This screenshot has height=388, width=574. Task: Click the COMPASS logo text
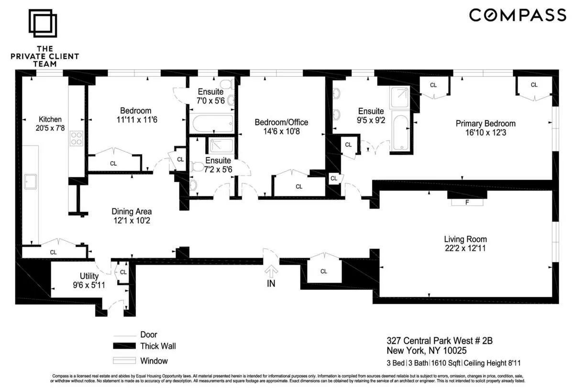coord(517,15)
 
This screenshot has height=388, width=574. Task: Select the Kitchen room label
coord(50,119)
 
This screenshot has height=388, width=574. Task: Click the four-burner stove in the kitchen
coord(77,138)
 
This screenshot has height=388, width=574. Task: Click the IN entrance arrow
coord(271,274)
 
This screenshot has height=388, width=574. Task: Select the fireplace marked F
coord(467,202)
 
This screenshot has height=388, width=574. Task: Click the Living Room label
coord(465,239)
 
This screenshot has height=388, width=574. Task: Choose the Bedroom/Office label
coord(281,122)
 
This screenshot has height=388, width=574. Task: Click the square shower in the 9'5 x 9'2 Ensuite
coord(399,98)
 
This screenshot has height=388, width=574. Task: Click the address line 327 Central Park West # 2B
coord(439,341)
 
